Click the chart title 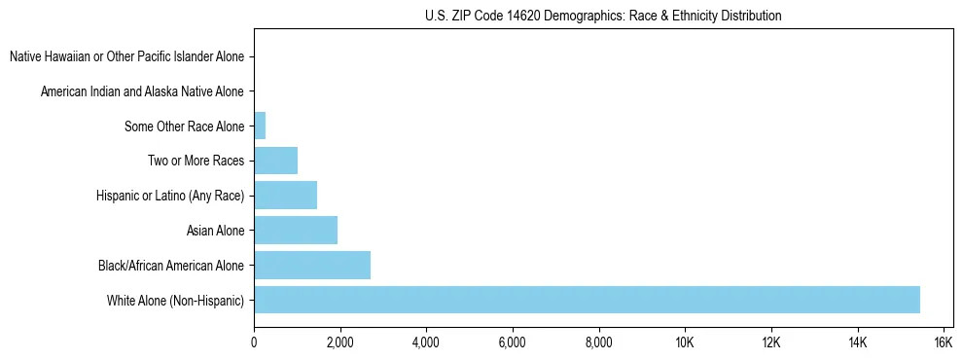click(x=603, y=16)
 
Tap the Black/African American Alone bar click(x=312, y=265)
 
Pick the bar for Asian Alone click(x=296, y=231)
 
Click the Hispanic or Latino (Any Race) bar click(x=285, y=196)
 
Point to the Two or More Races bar click(x=275, y=161)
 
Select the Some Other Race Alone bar click(x=260, y=126)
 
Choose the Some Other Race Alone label click(x=185, y=126)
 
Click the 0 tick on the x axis click(x=254, y=342)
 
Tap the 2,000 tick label click(x=339, y=342)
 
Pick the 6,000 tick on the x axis click(x=512, y=342)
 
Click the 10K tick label click(x=685, y=342)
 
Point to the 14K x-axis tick click(x=857, y=342)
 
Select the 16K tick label click(x=943, y=342)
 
